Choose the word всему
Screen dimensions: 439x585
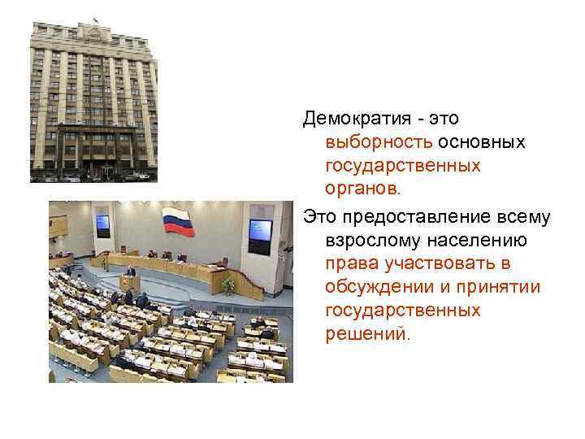click(527, 219)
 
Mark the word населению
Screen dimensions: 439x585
click(474, 242)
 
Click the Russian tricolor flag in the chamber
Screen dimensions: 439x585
click(175, 222)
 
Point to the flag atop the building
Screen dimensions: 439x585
click(96, 20)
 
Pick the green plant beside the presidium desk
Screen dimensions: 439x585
click(228, 285)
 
